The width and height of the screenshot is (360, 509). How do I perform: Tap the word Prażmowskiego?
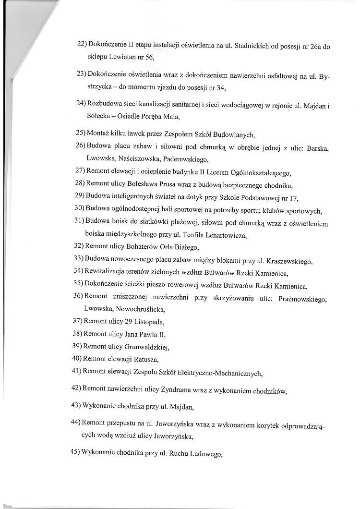pyautogui.click(x=297, y=299)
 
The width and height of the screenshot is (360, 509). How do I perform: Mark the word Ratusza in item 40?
pyautogui.click(x=143, y=359)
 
